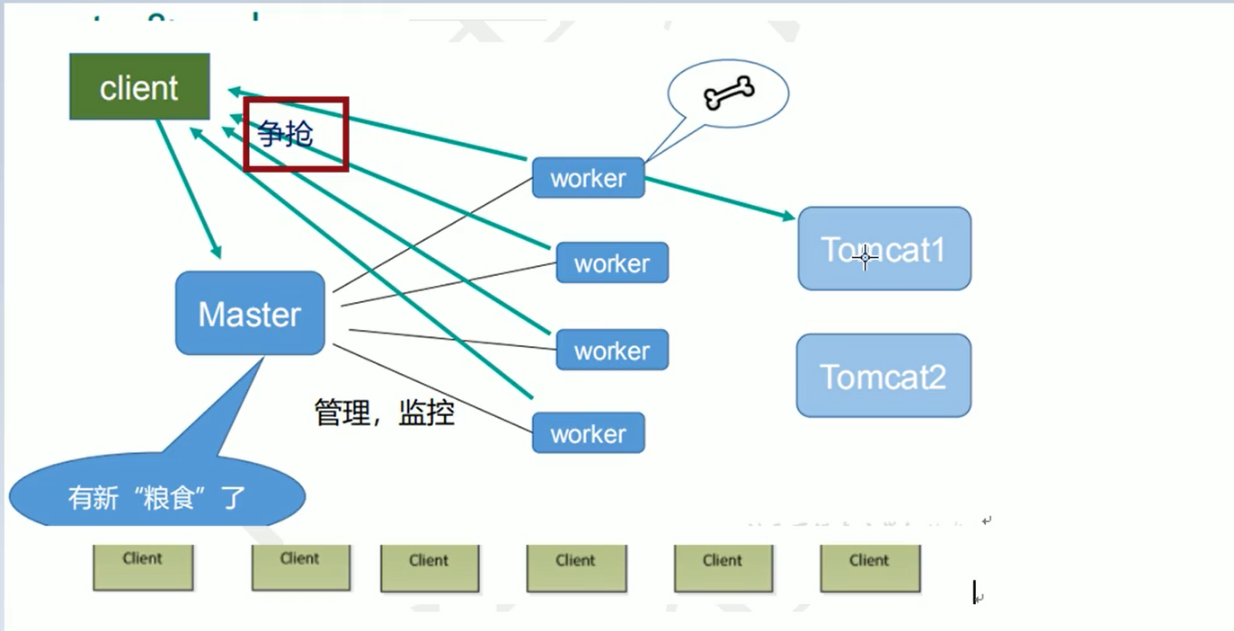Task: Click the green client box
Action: tap(139, 87)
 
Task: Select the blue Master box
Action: tap(250, 313)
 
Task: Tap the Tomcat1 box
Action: tap(884, 248)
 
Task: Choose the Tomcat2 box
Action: tap(883, 376)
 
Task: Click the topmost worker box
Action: tap(588, 178)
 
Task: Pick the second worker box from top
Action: tap(612, 262)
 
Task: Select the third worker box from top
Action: tap(612, 350)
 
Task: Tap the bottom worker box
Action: tap(588, 433)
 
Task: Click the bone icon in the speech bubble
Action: tap(729, 93)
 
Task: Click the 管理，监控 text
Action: tap(384, 413)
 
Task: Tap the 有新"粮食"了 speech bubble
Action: tap(157, 496)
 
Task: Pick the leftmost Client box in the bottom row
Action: tap(143, 566)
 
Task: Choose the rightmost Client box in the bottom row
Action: tap(870, 567)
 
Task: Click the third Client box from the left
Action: tap(430, 568)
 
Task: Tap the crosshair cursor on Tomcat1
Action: tap(866, 258)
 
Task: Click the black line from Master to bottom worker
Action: tap(431, 387)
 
